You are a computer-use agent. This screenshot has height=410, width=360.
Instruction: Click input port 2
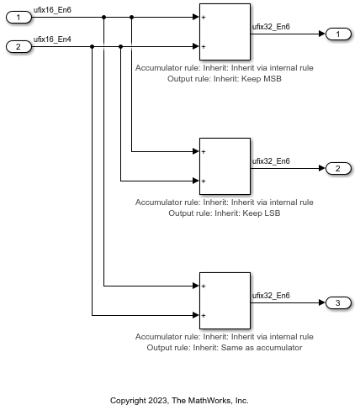pyautogui.click(x=19, y=46)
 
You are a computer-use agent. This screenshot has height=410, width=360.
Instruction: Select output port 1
pyautogui.click(x=338, y=34)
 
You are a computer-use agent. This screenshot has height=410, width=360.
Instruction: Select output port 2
pyautogui.click(x=338, y=168)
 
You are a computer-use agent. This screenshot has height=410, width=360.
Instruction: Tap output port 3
pyautogui.click(x=338, y=302)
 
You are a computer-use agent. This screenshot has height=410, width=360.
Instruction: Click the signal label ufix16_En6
pyautogui.click(x=52, y=10)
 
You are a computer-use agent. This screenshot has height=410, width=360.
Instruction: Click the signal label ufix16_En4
pyautogui.click(x=52, y=39)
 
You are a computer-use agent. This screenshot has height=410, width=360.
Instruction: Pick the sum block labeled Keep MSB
pyautogui.click(x=225, y=31)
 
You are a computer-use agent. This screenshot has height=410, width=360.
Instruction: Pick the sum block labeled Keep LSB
pyautogui.click(x=225, y=166)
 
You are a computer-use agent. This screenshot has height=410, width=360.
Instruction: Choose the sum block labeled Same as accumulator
pyautogui.click(x=225, y=300)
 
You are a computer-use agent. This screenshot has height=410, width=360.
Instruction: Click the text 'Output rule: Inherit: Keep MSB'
pyautogui.click(x=225, y=78)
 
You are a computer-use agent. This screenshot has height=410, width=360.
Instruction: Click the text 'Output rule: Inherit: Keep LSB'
pyautogui.click(x=225, y=213)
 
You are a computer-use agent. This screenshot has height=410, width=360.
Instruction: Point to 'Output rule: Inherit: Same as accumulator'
pyautogui.click(x=225, y=347)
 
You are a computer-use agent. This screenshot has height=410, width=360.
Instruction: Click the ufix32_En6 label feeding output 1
pyautogui.click(x=271, y=27)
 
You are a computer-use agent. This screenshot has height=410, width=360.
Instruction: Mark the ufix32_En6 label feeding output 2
pyautogui.click(x=271, y=161)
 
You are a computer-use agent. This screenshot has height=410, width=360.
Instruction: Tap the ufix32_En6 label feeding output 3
pyautogui.click(x=271, y=296)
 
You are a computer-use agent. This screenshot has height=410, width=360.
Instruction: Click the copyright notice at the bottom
pyautogui.click(x=180, y=400)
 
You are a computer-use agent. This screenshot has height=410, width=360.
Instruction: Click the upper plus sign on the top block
pyautogui.click(x=204, y=17)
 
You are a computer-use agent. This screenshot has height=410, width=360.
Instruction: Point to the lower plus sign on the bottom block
pyautogui.click(x=204, y=316)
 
